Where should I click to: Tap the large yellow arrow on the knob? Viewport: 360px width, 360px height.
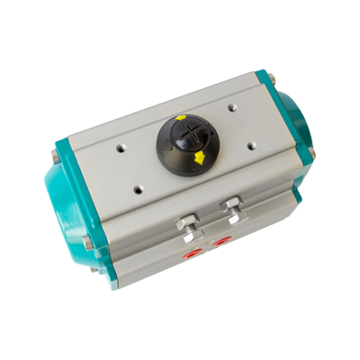[x=198, y=159]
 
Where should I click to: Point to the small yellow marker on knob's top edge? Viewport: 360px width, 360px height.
[x=180, y=118]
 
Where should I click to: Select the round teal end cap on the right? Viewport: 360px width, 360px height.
[x=292, y=117]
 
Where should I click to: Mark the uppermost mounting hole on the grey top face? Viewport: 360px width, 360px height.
[x=233, y=105]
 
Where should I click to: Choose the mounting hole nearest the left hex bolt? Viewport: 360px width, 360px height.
[x=137, y=187]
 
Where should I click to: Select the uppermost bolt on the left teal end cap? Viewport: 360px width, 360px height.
[x=56, y=161]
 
